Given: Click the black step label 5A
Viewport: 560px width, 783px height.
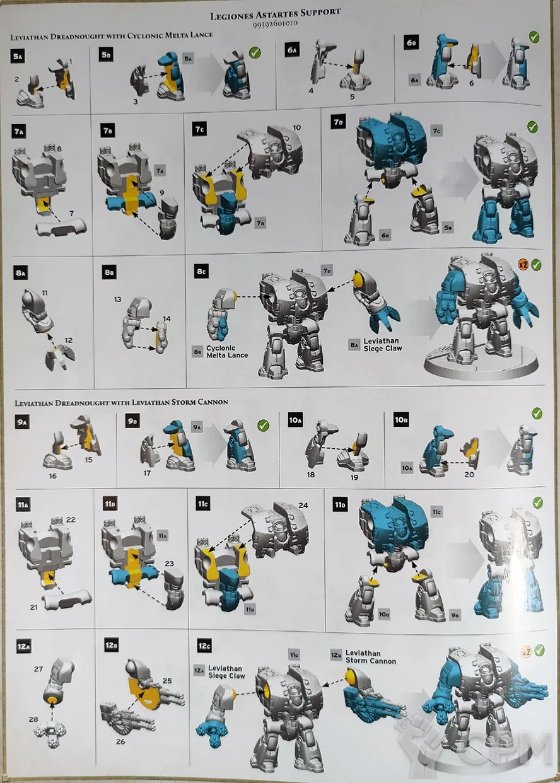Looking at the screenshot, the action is (18, 57).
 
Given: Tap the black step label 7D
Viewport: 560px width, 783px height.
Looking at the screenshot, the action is (338, 122).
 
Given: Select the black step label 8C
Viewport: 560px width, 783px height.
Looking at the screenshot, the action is (201, 271).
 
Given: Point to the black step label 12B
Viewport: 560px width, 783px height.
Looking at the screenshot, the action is (111, 644).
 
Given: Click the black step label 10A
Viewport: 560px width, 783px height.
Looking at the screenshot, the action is (295, 420).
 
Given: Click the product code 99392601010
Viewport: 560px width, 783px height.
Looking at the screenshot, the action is (275, 24).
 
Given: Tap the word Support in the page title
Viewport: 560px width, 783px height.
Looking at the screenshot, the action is (320, 12).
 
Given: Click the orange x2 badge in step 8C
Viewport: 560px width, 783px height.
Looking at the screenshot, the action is (523, 265).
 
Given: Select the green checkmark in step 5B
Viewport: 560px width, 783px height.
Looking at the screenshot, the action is (255, 53).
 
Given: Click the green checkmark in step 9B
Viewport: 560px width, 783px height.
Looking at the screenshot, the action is (263, 426).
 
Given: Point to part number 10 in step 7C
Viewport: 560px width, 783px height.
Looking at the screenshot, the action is (297, 127).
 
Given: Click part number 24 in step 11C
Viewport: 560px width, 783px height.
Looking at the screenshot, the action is (303, 505).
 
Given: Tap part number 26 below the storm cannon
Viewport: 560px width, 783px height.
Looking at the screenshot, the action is (120, 741).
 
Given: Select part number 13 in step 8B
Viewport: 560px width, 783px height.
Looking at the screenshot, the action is (117, 299).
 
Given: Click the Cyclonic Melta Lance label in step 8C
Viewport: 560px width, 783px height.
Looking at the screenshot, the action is (227, 351).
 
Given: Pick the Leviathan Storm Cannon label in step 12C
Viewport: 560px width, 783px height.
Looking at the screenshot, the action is (371, 657).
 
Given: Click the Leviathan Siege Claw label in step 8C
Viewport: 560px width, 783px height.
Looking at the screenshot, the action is (382, 345).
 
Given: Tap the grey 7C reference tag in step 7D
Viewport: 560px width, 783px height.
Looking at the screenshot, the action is (436, 130).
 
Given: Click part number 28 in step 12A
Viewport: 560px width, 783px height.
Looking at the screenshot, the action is (33, 719).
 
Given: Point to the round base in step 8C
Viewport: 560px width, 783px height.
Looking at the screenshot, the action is (481, 364).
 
